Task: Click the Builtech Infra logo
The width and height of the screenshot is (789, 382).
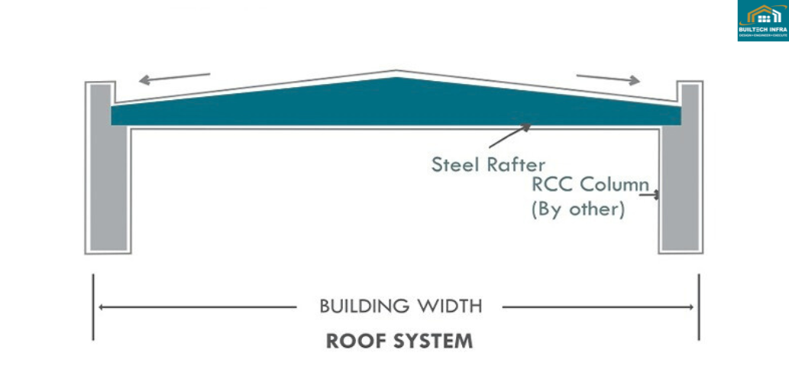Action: [762, 21]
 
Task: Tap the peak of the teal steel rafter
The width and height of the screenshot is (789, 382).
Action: [396, 76]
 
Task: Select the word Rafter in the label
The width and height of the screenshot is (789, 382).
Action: [517, 163]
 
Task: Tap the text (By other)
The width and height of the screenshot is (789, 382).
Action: [578, 209]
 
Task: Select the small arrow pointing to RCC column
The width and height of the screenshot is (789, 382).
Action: [652, 196]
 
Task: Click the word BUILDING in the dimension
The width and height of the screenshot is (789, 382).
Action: [366, 307]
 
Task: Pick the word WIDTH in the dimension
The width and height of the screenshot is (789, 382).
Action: [451, 307]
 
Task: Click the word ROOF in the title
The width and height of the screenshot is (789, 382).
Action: [353, 341]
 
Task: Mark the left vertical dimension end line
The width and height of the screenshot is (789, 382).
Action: [93, 307]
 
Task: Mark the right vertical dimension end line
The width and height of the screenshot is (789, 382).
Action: [699, 307]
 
